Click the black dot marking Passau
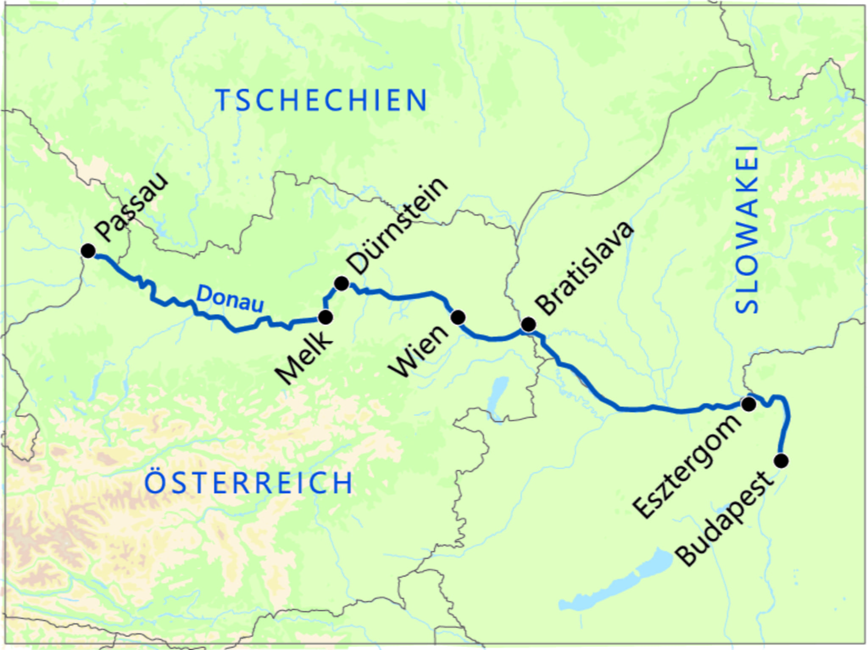pos(88,251)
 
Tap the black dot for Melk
pos(325,317)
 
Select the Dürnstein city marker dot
pos(342,283)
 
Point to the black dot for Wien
pos(458,317)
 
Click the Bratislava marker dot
pos(528,325)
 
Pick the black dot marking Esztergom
pos(749,404)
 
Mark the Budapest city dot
pos(782,460)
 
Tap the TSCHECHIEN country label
pos(321,101)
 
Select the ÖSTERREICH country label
pos(249,482)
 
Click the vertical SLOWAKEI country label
pos(747,230)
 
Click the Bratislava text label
pos(584,268)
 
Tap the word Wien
pos(420,351)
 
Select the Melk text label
pos(303,357)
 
